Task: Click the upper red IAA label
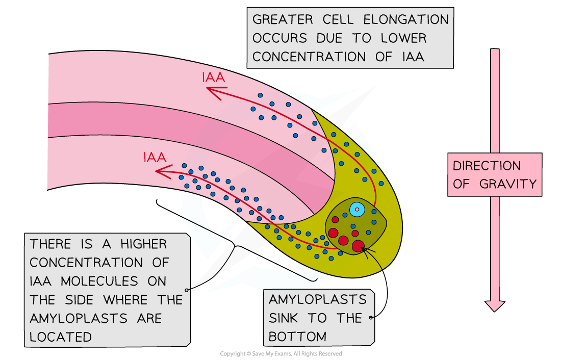214,78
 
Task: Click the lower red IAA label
155,158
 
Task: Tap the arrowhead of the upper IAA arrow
209,90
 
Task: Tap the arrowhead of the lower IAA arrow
160,172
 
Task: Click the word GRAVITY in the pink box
508,184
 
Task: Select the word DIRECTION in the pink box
487,166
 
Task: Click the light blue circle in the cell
357,209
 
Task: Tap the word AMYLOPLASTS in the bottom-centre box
318,299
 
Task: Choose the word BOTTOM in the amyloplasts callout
297,337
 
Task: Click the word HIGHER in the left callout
143,244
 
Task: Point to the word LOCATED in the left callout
61,337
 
